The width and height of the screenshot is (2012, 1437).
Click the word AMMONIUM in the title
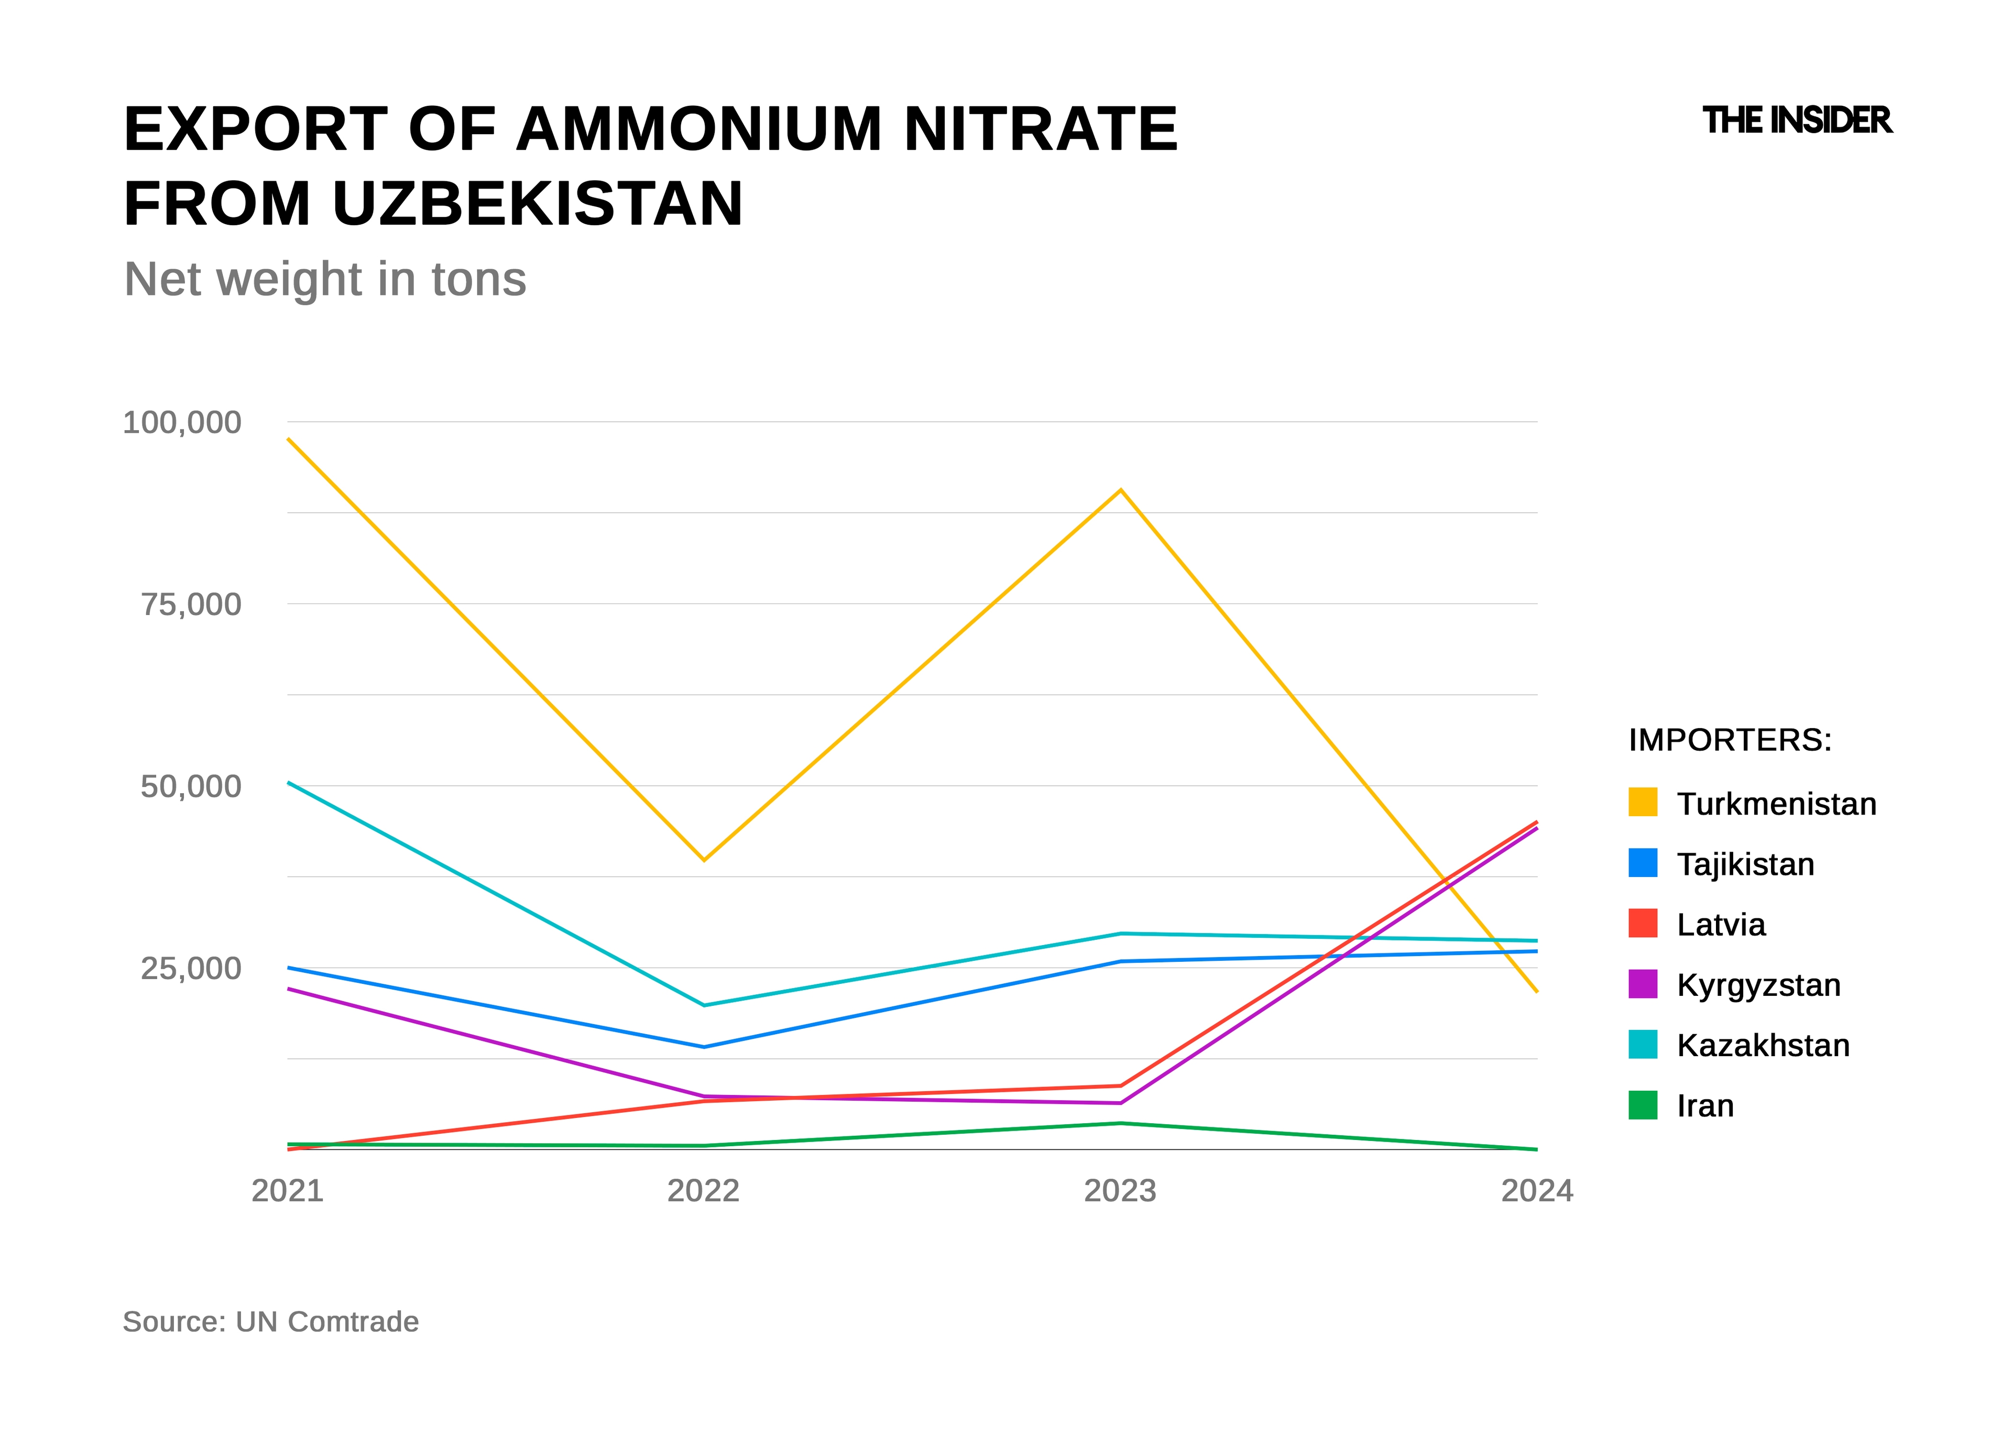[x=699, y=129]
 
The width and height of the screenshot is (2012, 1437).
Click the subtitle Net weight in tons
[x=325, y=280]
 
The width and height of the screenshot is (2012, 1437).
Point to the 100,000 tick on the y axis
[x=181, y=423]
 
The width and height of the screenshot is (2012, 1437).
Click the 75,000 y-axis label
[x=191, y=605]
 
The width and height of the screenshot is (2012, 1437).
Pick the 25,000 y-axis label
[x=191, y=969]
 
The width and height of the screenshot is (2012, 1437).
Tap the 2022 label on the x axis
[x=703, y=1191]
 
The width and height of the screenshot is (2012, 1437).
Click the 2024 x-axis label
[x=1537, y=1191]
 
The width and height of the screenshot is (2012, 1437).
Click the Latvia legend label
[x=1721, y=925]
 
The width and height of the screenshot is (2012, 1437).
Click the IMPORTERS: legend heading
[x=1730, y=740]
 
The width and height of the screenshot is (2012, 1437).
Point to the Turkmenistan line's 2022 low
[x=703, y=859]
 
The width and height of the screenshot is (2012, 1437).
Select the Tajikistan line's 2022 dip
[x=703, y=1047]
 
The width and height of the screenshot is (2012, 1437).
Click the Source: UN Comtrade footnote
[x=271, y=1322]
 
